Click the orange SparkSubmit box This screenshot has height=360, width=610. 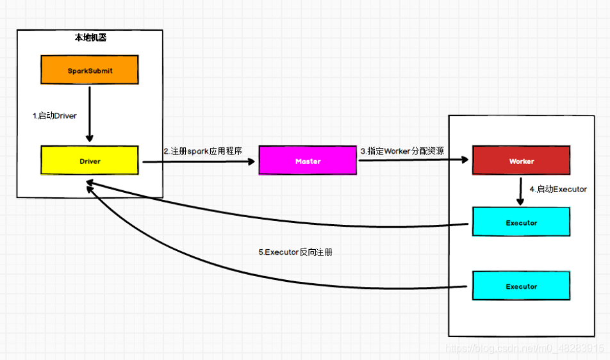(x=90, y=70)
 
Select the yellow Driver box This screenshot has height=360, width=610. (x=90, y=161)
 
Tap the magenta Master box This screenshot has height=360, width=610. (x=308, y=161)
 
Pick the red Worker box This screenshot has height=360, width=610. (x=521, y=161)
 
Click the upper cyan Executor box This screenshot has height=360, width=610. (x=521, y=222)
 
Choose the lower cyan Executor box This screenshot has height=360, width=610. (x=521, y=286)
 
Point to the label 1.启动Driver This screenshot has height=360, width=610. (x=54, y=116)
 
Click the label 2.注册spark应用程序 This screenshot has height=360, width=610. (x=202, y=151)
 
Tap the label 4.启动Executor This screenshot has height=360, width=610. (x=558, y=190)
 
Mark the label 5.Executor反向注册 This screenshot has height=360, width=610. (x=295, y=252)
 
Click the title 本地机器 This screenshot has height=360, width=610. (x=90, y=38)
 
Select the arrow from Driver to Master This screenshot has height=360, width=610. (x=199, y=162)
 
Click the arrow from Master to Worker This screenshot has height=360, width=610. (x=413, y=161)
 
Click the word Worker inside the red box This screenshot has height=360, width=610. (x=521, y=161)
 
